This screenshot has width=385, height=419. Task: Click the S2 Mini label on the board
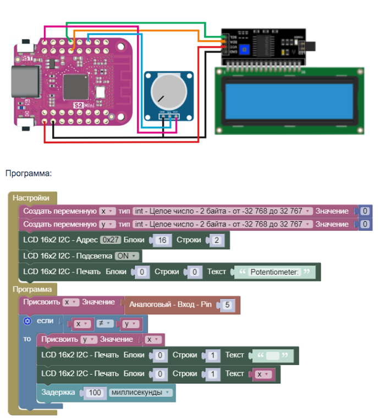[x=84, y=104]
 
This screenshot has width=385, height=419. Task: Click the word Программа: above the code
[x=29, y=174]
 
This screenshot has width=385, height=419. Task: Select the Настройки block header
[x=31, y=198]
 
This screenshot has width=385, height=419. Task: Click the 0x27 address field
[x=111, y=240]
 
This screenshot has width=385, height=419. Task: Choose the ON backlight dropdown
[x=128, y=256]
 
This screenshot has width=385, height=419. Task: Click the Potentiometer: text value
[x=276, y=272]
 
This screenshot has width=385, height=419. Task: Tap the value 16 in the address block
[x=162, y=240]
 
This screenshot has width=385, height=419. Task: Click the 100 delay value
[x=94, y=393]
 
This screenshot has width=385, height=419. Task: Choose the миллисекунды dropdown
[x=141, y=393]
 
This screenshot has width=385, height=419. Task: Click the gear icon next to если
[x=28, y=321]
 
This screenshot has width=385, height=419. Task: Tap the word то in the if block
[x=27, y=339]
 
